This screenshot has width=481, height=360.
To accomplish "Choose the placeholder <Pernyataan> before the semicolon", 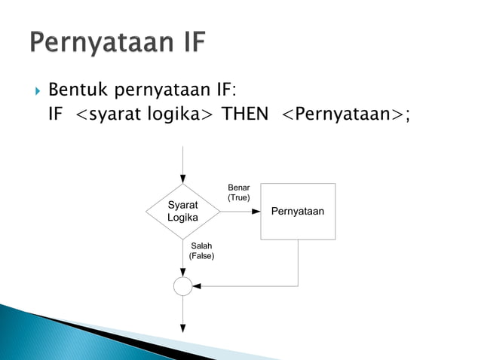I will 342,114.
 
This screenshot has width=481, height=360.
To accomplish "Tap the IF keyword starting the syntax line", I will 57,114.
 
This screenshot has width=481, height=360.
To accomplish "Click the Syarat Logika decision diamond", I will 182,212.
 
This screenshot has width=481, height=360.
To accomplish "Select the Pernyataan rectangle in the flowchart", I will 298,212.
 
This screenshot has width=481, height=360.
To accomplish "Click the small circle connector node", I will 182,286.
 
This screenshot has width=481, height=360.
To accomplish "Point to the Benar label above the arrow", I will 238,188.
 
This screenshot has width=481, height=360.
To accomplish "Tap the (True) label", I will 238,197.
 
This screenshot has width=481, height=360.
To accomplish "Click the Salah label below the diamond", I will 201,246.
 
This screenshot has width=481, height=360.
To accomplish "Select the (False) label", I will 201,256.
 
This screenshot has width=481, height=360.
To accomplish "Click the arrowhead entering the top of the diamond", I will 182,179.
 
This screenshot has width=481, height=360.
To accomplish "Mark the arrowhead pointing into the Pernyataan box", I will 256,212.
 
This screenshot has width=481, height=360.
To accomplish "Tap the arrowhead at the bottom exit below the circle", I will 182,328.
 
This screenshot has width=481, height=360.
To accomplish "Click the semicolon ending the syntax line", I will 408,115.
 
